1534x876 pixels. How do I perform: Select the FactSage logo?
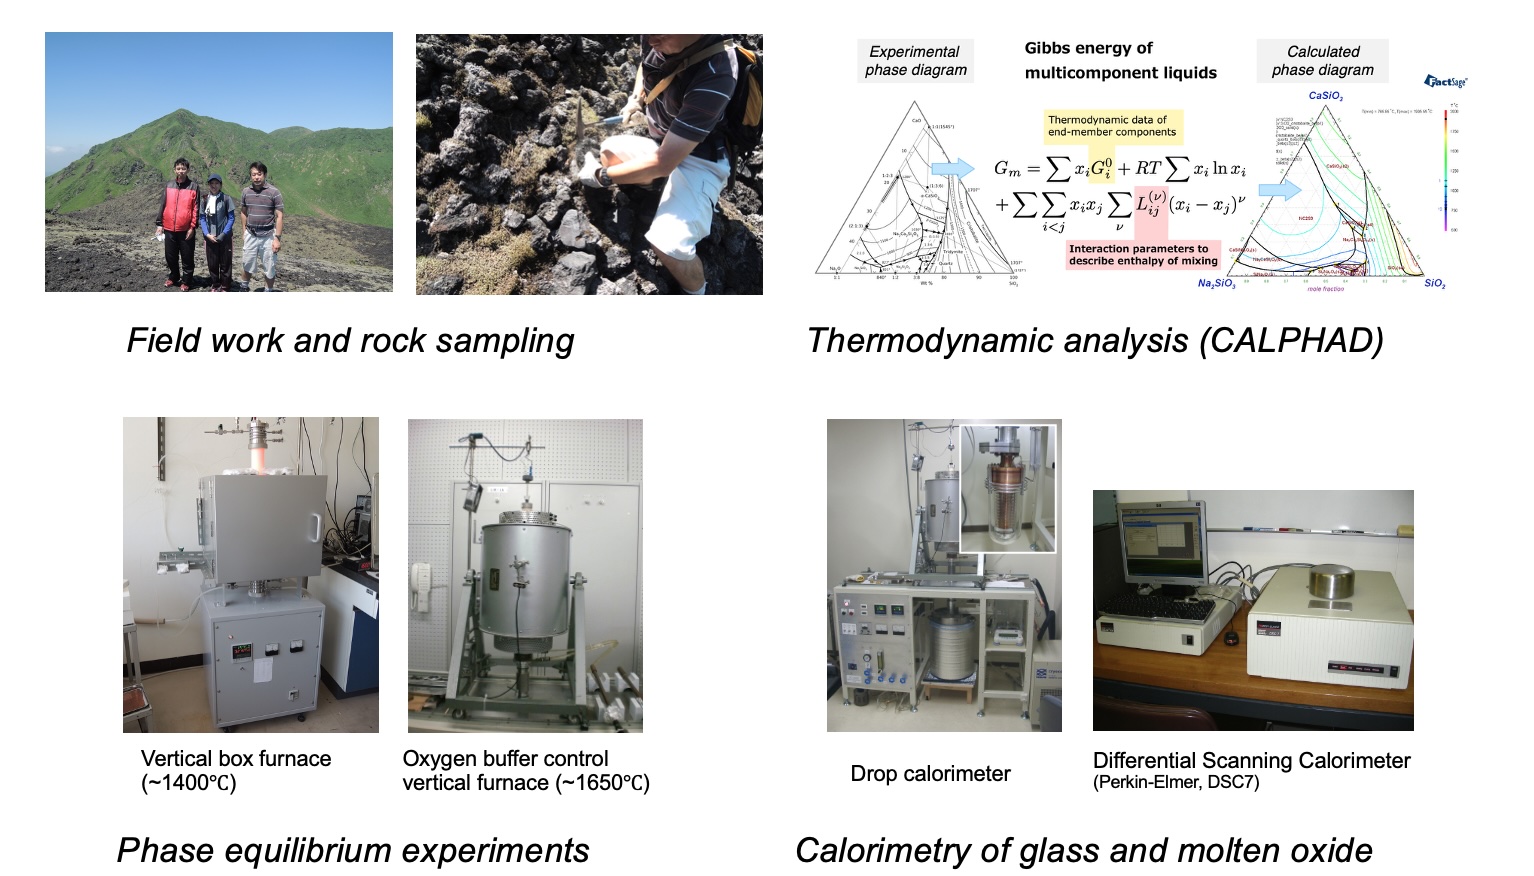coord(1445,81)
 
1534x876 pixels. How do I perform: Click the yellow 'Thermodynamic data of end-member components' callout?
coord(1112,126)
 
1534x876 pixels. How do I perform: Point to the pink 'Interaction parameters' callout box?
coord(1143,255)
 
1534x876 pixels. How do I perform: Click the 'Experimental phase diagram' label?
coord(915,61)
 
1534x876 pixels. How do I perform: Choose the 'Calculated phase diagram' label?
coord(1322,61)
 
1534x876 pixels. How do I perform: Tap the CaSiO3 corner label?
coord(1326,97)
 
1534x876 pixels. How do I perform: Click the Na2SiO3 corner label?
coord(1216,284)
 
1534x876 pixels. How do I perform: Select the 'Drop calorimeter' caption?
coord(930,774)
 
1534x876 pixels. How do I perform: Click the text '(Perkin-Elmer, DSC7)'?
coord(1176,782)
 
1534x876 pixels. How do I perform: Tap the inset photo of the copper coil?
coord(1007,487)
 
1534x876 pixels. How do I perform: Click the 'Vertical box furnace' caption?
coord(236,759)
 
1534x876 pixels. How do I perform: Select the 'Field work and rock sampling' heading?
coord(350,341)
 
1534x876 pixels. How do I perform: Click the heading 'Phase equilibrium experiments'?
coord(353,851)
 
